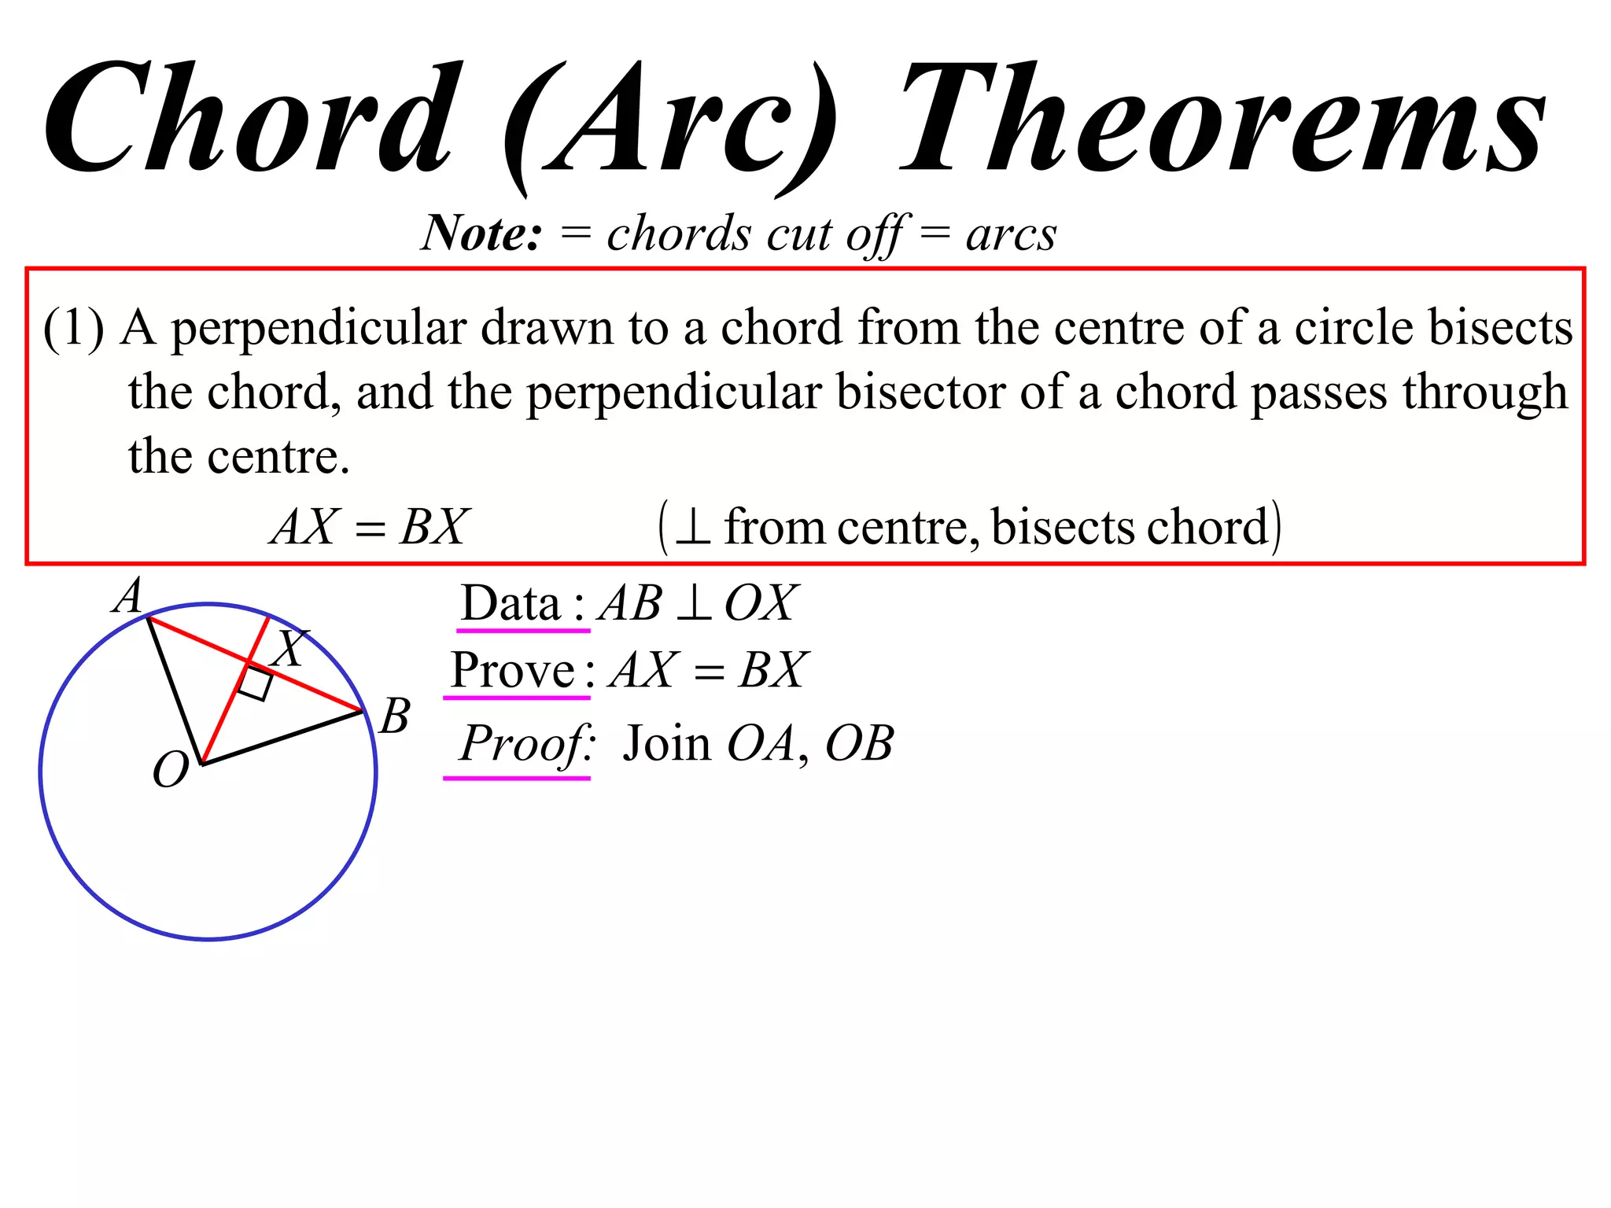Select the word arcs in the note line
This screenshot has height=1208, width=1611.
[1011, 234]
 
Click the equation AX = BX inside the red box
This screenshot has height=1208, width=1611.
[370, 527]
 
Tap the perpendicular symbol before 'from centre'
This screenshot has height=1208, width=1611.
[693, 527]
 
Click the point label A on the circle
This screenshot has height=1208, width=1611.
[128, 596]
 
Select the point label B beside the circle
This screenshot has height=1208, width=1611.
[395, 716]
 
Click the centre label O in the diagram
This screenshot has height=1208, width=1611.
[170, 769]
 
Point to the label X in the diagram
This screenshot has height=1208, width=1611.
[290, 648]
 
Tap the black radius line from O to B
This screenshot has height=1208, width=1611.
[283, 737]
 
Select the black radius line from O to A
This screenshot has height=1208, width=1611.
[175, 689]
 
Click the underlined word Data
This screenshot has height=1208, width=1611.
[511, 604]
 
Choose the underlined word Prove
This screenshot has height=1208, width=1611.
[512, 671]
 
